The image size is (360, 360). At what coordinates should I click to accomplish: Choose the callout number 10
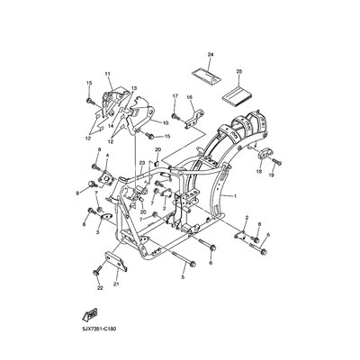pos(165,122)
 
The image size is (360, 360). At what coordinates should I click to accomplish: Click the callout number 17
pos(175,96)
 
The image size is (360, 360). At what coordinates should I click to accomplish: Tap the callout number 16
pos(190,96)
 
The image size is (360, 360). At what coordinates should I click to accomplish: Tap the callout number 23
pos(141,162)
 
